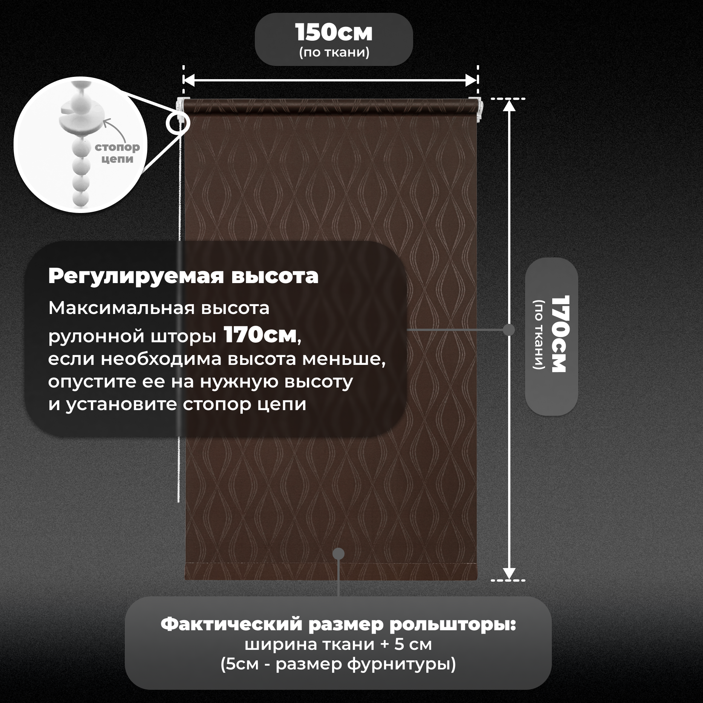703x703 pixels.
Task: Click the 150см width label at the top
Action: (334, 33)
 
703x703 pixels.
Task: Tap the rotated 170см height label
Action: (559, 334)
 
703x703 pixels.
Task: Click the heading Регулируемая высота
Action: (183, 276)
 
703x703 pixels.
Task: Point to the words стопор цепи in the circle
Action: (117, 153)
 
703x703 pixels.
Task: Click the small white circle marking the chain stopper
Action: (178, 123)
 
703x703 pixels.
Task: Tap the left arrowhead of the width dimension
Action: (188, 80)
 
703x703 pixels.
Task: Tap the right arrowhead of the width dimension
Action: (472, 80)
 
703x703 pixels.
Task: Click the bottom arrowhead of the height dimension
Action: (509, 573)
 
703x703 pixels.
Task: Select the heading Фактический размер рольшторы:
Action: (338, 625)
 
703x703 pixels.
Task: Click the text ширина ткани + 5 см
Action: (338, 645)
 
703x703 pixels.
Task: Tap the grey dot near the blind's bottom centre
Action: (339, 553)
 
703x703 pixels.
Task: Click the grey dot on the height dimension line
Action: (509, 330)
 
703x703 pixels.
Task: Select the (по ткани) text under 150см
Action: (334, 52)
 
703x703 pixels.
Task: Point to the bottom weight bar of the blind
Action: (331, 571)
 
